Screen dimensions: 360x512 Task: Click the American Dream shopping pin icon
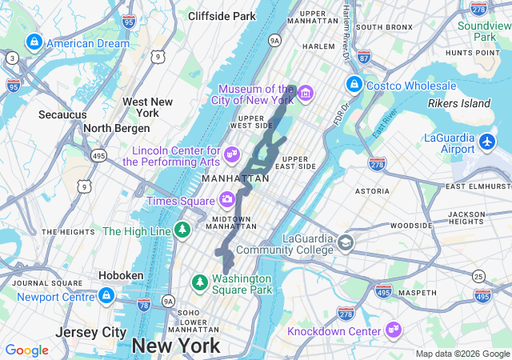tap(34, 42)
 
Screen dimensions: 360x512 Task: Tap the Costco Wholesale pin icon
tap(354, 84)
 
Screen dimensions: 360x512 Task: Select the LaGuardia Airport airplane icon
tap(489, 142)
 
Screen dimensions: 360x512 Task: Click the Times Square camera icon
tap(227, 200)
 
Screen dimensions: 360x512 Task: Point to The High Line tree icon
tap(183, 231)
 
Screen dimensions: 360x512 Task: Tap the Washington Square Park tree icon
tap(199, 282)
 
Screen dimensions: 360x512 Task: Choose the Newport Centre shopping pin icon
tap(106, 296)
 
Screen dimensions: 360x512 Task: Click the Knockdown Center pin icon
tap(393, 330)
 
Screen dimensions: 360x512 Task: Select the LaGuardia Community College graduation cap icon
tap(345, 242)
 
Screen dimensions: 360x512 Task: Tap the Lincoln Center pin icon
tap(232, 154)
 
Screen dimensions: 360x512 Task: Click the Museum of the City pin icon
tap(305, 94)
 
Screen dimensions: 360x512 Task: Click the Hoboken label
tap(120, 275)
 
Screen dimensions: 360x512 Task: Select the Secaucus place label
tap(62, 114)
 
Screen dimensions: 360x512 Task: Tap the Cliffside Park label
tap(222, 15)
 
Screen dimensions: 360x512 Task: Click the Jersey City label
tap(91, 332)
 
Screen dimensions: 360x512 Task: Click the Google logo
tap(27, 350)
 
